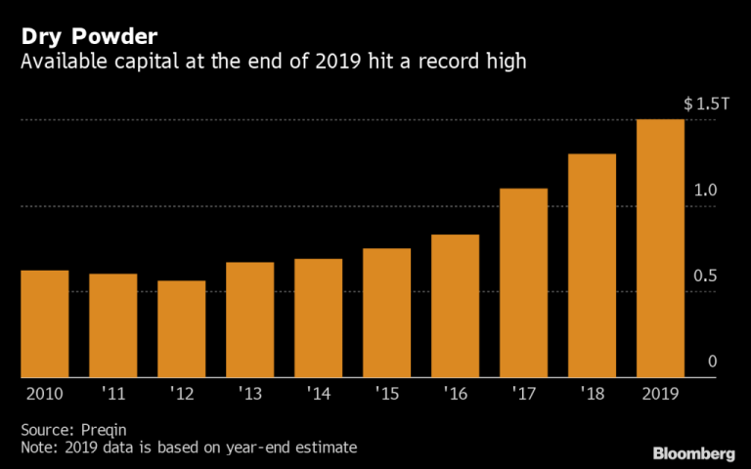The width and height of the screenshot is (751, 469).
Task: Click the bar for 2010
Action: tap(44, 323)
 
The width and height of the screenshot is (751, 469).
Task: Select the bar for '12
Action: tap(181, 328)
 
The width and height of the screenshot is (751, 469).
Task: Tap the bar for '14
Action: tap(318, 318)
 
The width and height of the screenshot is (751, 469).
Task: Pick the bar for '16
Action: tap(455, 306)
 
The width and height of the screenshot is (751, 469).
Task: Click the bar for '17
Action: tap(523, 282)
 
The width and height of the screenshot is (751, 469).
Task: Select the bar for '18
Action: tap(592, 265)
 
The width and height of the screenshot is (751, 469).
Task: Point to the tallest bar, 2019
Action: tap(660, 248)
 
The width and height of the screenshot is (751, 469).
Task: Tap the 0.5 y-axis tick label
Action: tap(705, 277)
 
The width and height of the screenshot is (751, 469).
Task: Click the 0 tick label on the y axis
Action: tap(713, 362)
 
